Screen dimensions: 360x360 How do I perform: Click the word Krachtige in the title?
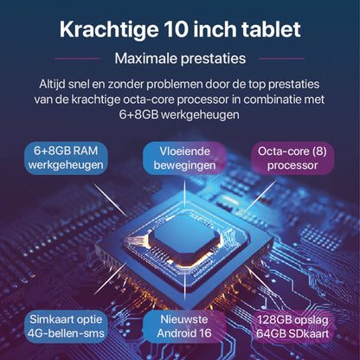(x=109, y=30)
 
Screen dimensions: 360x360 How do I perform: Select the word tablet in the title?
(x=271, y=29)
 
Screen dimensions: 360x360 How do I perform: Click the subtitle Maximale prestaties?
(x=180, y=59)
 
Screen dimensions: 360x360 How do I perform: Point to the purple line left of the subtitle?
(x=78, y=59)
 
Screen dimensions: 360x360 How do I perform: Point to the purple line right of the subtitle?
(x=281, y=59)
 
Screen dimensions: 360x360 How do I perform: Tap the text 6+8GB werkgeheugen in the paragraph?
(x=179, y=114)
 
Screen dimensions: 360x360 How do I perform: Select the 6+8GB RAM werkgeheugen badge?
(x=66, y=158)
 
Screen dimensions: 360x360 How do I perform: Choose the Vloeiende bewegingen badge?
(x=184, y=158)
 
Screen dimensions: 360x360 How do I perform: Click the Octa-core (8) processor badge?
(x=292, y=158)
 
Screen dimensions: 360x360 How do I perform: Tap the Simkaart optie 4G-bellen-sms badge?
(x=66, y=326)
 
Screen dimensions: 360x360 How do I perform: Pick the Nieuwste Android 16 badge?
(x=184, y=326)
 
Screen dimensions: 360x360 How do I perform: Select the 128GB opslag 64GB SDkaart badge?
(x=292, y=326)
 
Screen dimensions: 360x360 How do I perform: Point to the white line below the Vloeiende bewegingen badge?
(x=185, y=194)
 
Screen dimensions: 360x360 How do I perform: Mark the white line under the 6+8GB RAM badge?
(x=110, y=200)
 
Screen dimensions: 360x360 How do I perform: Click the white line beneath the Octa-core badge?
(x=261, y=195)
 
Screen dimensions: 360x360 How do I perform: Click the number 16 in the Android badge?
(x=205, y=333)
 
